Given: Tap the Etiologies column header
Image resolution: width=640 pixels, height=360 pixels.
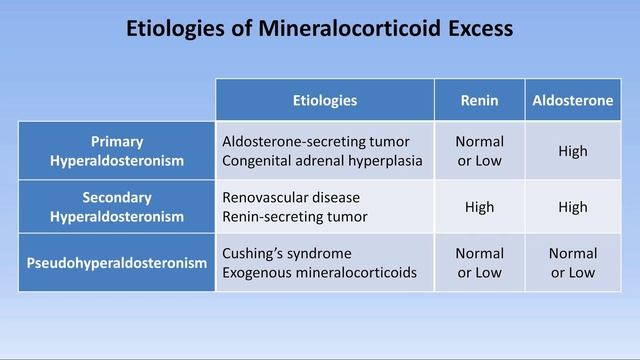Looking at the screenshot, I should point(324,100).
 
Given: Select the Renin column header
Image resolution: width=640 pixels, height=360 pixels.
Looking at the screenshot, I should point(479,100).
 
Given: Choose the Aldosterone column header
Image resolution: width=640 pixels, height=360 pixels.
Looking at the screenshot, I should point(573,100).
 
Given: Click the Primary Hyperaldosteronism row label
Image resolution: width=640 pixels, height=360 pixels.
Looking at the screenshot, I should point(117,151).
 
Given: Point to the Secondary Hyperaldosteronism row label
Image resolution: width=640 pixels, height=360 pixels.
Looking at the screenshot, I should point(117,207).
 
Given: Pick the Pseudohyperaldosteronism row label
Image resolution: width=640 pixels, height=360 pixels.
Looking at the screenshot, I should point(117,263).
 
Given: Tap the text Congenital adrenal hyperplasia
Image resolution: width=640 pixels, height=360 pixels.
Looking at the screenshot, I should point(322,160).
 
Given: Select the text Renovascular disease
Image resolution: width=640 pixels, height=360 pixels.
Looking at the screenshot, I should point(291,197).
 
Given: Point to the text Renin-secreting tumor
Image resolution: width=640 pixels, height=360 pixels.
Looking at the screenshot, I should point(295,216).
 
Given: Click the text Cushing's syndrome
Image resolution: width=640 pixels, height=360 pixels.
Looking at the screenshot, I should point(287,253).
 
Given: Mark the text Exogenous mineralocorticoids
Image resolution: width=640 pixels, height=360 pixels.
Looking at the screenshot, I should point(319,272).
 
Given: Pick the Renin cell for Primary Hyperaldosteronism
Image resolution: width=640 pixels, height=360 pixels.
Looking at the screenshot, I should point(479,151).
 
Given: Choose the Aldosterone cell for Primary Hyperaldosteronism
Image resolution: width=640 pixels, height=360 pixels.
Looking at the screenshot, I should point(573,151).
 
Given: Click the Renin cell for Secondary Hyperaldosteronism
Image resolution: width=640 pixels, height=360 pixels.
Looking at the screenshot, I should point(479,207).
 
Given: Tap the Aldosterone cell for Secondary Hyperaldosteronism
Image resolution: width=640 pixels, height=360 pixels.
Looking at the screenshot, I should point(573,207).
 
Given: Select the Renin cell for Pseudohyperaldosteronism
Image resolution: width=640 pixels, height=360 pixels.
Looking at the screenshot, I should point(479,263).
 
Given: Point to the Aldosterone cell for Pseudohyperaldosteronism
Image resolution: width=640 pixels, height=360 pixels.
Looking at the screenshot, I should point(573,263).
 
